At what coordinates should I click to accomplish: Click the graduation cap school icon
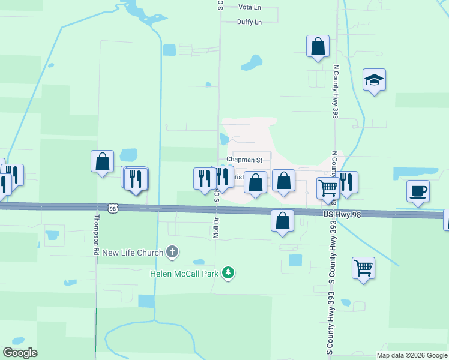[373, 80]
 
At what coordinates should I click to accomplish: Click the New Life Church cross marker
[172, 252]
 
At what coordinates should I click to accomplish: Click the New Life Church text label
[132, 253]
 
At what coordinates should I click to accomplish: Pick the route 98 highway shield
[113, 208]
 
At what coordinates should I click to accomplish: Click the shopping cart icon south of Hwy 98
[363, 268]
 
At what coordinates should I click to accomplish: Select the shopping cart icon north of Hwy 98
[328, 188]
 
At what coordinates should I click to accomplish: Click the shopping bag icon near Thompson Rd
[102, 161]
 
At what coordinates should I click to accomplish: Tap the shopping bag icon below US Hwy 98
[282, 221]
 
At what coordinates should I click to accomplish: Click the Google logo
[20, 353]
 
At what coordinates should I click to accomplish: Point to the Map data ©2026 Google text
[411, 355]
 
